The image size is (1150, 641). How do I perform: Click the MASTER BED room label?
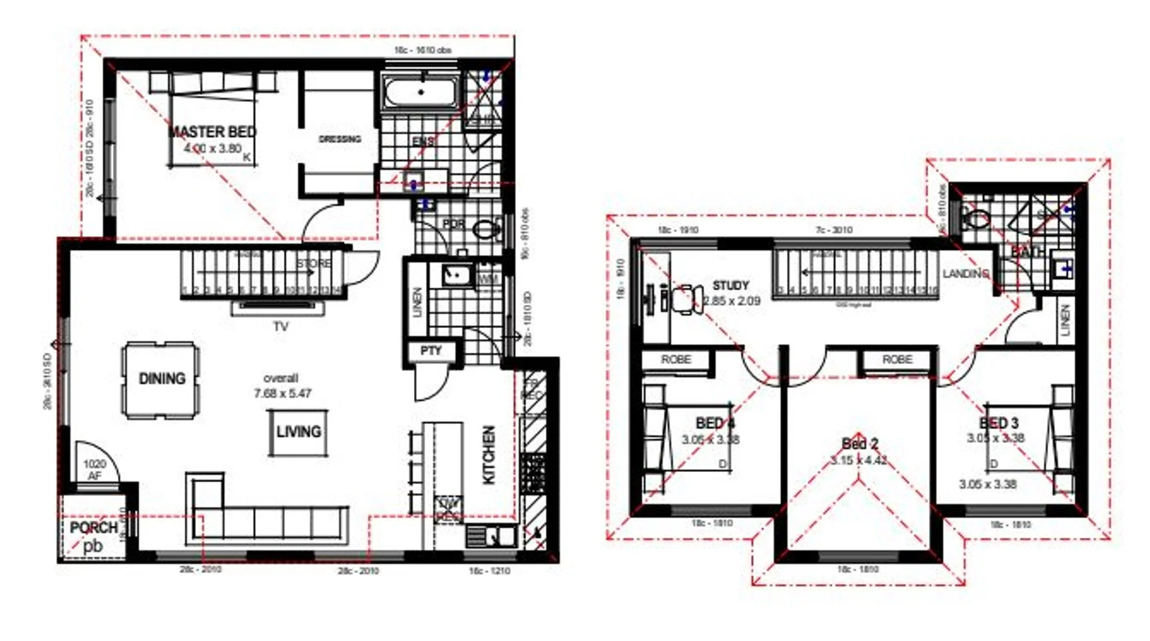212,132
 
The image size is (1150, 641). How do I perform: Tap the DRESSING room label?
340,139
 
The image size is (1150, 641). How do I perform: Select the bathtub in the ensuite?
420,92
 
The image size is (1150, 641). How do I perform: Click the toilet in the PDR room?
487,228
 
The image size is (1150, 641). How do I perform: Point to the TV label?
280,327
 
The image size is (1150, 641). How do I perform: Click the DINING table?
161,379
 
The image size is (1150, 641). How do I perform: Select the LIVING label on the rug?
298,432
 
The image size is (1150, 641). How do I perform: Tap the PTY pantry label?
431,351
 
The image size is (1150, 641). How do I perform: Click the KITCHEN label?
489,455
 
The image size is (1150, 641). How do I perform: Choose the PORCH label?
93,528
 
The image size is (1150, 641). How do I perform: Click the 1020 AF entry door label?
95,470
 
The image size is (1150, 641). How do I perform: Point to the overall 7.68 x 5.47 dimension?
282,386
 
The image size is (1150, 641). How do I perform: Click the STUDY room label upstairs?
730,285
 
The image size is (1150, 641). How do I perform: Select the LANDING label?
965,273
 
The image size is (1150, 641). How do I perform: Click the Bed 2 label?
860,444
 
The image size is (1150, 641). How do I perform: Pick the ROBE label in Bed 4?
676,359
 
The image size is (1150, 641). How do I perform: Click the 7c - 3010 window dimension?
833,230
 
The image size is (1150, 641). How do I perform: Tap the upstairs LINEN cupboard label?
1064,319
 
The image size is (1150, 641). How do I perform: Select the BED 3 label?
998,423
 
